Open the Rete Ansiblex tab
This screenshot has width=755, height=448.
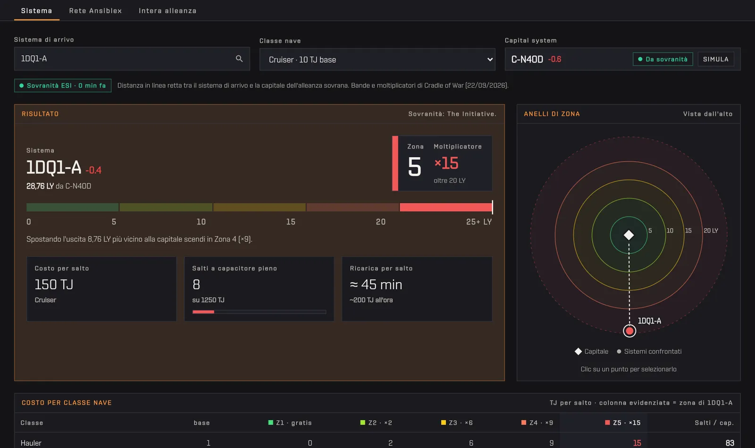point(95,11)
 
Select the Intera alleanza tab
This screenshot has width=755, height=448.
point(168,11)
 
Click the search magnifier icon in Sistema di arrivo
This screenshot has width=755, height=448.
point(239,58)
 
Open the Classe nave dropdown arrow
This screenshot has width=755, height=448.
point(490,59)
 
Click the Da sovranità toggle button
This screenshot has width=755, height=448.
point(663,59)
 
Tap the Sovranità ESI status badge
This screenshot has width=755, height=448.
point(63,85)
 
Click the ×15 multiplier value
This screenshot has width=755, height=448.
point(446,163)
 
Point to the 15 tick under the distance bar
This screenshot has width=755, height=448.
point(291,222)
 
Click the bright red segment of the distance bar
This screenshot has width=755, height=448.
point(445,207)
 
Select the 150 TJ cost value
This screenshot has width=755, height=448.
point(54,285)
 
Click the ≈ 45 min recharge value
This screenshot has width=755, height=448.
point(376,285)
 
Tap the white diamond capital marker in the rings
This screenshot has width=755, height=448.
point(629,235)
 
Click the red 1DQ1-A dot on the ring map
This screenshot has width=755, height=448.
point(629,331)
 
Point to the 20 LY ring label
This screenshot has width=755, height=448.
point(711,231)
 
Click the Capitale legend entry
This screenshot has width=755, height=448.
point(592,351)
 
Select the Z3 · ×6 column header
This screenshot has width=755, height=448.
point(457,423)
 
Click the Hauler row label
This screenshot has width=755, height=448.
point(31,443)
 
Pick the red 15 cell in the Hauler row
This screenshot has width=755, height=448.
point(637,443)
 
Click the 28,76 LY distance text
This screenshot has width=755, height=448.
point(40,186)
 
